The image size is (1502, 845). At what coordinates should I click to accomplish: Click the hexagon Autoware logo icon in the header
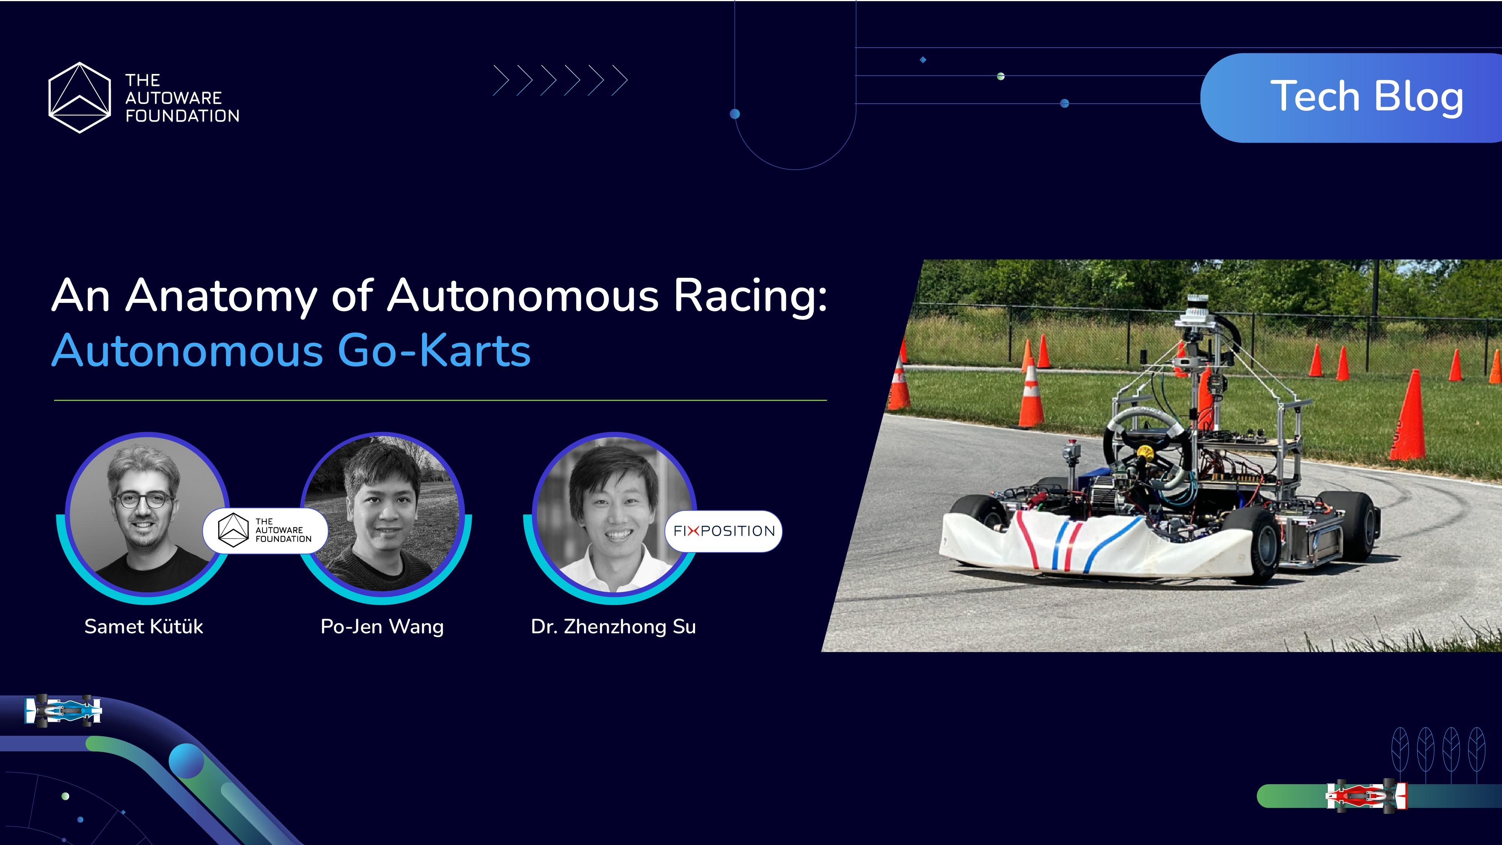[79, 97]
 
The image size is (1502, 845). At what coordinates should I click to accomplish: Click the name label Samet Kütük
[143, 627]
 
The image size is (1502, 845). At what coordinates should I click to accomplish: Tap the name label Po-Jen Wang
[382, 627]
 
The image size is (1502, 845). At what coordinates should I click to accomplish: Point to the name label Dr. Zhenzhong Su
[614, 627]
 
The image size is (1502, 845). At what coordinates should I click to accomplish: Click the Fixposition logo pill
[724, 531]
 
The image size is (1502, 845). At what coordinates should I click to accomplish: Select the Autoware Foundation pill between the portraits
[265, 530]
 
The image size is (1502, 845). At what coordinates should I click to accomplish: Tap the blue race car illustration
[63, 710]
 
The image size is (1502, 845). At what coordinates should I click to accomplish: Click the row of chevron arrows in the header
[560, 80]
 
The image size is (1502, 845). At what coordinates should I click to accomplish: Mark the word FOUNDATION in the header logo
[182, 116]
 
